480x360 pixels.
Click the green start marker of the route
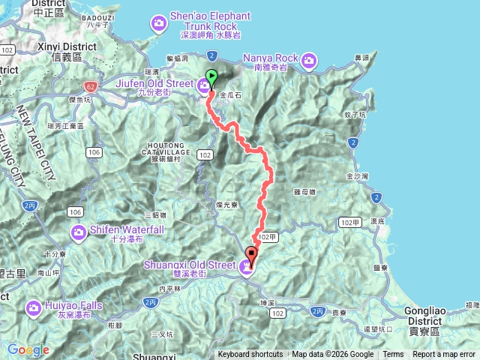click(x=211, y=76)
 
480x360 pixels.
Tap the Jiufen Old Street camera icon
click(x=204, y=88)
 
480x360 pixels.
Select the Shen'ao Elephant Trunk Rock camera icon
click(x=158, y=25)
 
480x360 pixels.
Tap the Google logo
click(x=28, y=349)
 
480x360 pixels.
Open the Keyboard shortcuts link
click(x=250, y=355)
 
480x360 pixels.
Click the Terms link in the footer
click(x=393, y=355)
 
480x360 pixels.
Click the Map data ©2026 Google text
click(x=333, y=355)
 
